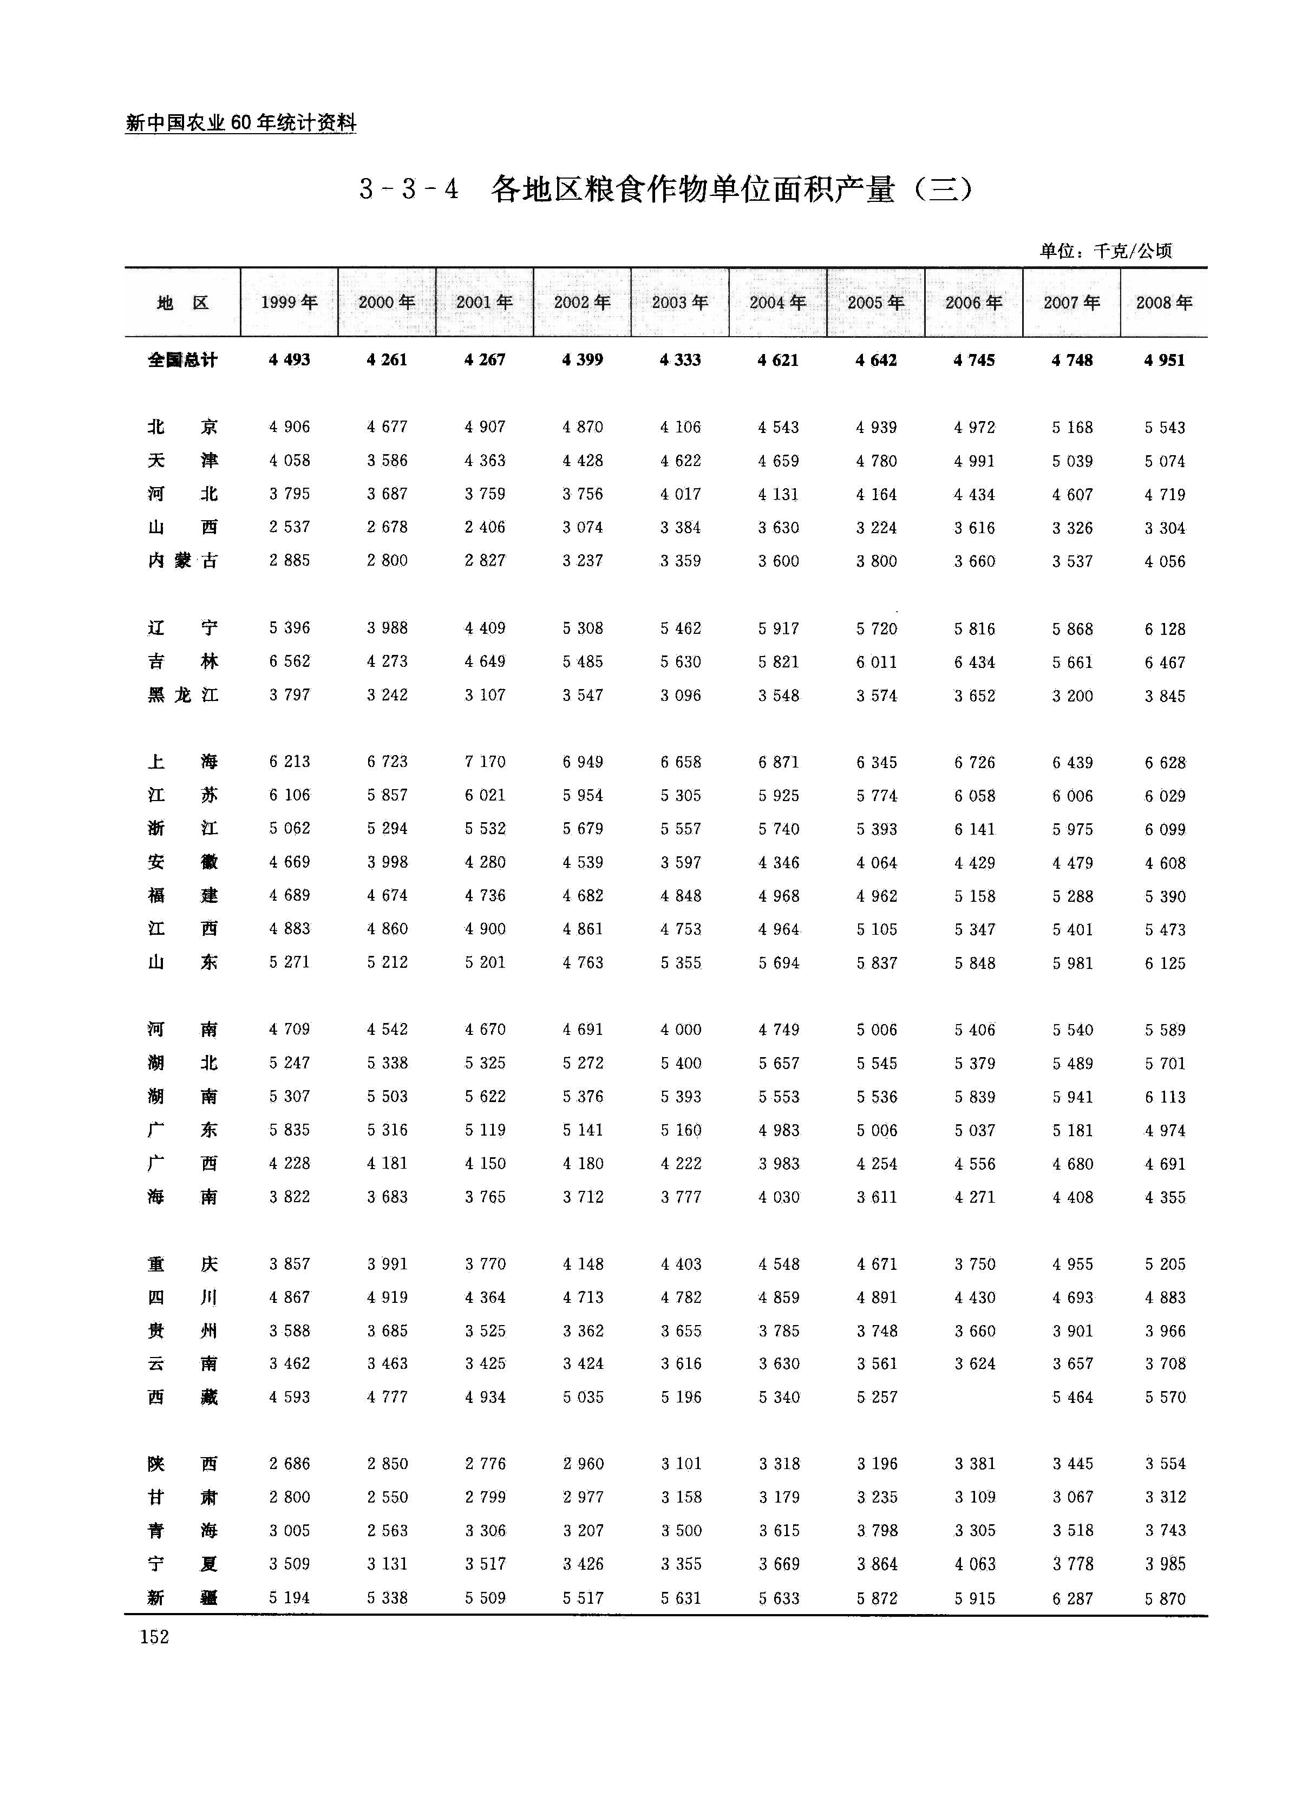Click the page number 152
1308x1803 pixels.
pos(154,1636)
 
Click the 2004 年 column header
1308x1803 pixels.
pos(777,302)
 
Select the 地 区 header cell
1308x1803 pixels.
pos(183,302)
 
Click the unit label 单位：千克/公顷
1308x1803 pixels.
pos(1105,251)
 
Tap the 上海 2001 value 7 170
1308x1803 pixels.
pos(485,762)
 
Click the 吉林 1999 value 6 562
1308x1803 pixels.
pos(290,661)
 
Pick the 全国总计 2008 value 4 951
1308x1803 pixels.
pos(1165,360)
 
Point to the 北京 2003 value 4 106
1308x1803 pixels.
pos(681,427)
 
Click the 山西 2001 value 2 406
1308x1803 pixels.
pos(485,527)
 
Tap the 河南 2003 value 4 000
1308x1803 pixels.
pos(681,1030)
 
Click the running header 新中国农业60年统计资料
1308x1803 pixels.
pos(241,123)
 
